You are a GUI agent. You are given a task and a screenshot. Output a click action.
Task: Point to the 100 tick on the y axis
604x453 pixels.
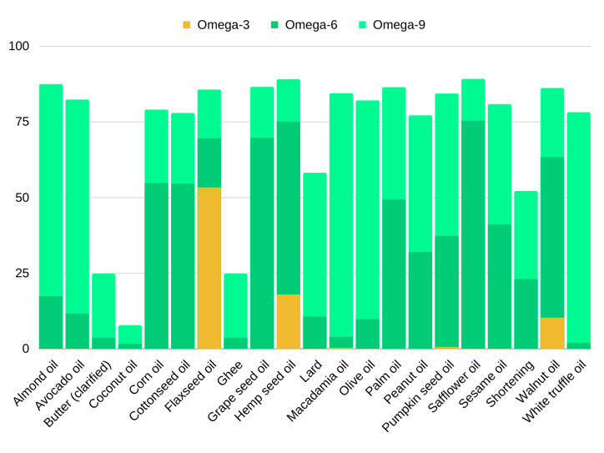[18, 46]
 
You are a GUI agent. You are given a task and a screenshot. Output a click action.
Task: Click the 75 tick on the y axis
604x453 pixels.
[22, 122]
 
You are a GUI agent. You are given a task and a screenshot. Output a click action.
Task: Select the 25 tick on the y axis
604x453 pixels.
[22, 273]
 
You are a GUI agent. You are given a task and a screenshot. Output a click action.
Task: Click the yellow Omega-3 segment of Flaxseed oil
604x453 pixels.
[209, 268]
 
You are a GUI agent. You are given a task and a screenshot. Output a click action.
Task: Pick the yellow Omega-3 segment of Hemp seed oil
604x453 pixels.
[288, 321]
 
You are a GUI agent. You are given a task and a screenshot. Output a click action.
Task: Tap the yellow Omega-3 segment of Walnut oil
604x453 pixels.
[551, 333]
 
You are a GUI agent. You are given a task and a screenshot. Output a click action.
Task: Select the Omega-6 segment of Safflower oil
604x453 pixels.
[473, 234]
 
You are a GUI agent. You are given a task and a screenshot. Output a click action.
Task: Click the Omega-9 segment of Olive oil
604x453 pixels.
[367, 209]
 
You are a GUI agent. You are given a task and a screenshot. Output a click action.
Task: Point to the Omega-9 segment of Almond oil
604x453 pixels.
[51, 190]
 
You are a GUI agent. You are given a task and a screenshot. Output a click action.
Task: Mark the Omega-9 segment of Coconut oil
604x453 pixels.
[130, 334]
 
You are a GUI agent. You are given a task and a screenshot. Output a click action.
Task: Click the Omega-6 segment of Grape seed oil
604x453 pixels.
[262, 243]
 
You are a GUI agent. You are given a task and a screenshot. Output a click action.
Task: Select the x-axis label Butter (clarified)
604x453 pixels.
[78, 394]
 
